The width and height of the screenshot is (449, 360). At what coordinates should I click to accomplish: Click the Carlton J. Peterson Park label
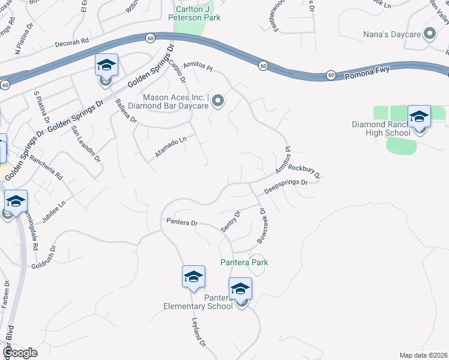tap(198, 13)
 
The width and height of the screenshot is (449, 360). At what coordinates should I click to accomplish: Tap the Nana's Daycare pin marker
tap(430, 34)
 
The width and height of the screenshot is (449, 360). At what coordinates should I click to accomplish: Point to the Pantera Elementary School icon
tap(240, 290)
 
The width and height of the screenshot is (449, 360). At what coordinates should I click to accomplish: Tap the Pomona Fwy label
tap(367, 71)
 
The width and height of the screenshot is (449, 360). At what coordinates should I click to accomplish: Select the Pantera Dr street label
tap(182, 223)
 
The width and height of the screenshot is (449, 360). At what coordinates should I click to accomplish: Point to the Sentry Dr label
tap(231, 221)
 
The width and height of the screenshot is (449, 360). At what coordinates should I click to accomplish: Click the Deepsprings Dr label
tap(286, 187)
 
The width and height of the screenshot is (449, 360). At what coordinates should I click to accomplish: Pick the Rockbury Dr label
tap(306, 167)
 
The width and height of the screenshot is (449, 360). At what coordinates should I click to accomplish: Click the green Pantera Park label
tap(244, 262)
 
